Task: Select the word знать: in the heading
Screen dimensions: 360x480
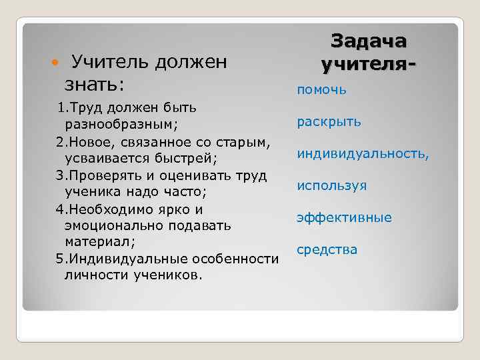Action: point(95,85)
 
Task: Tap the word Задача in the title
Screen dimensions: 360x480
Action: point(368,41)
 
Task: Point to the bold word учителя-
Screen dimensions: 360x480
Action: point(369,65)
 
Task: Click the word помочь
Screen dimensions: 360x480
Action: point(322,89)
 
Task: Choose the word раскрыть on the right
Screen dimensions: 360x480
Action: point(329,121)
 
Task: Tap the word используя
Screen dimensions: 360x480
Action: point(332,185)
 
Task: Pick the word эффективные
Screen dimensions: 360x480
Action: point(345,217)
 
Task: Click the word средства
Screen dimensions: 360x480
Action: point(327,249)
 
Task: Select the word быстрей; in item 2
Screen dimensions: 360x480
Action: point(189,159)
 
